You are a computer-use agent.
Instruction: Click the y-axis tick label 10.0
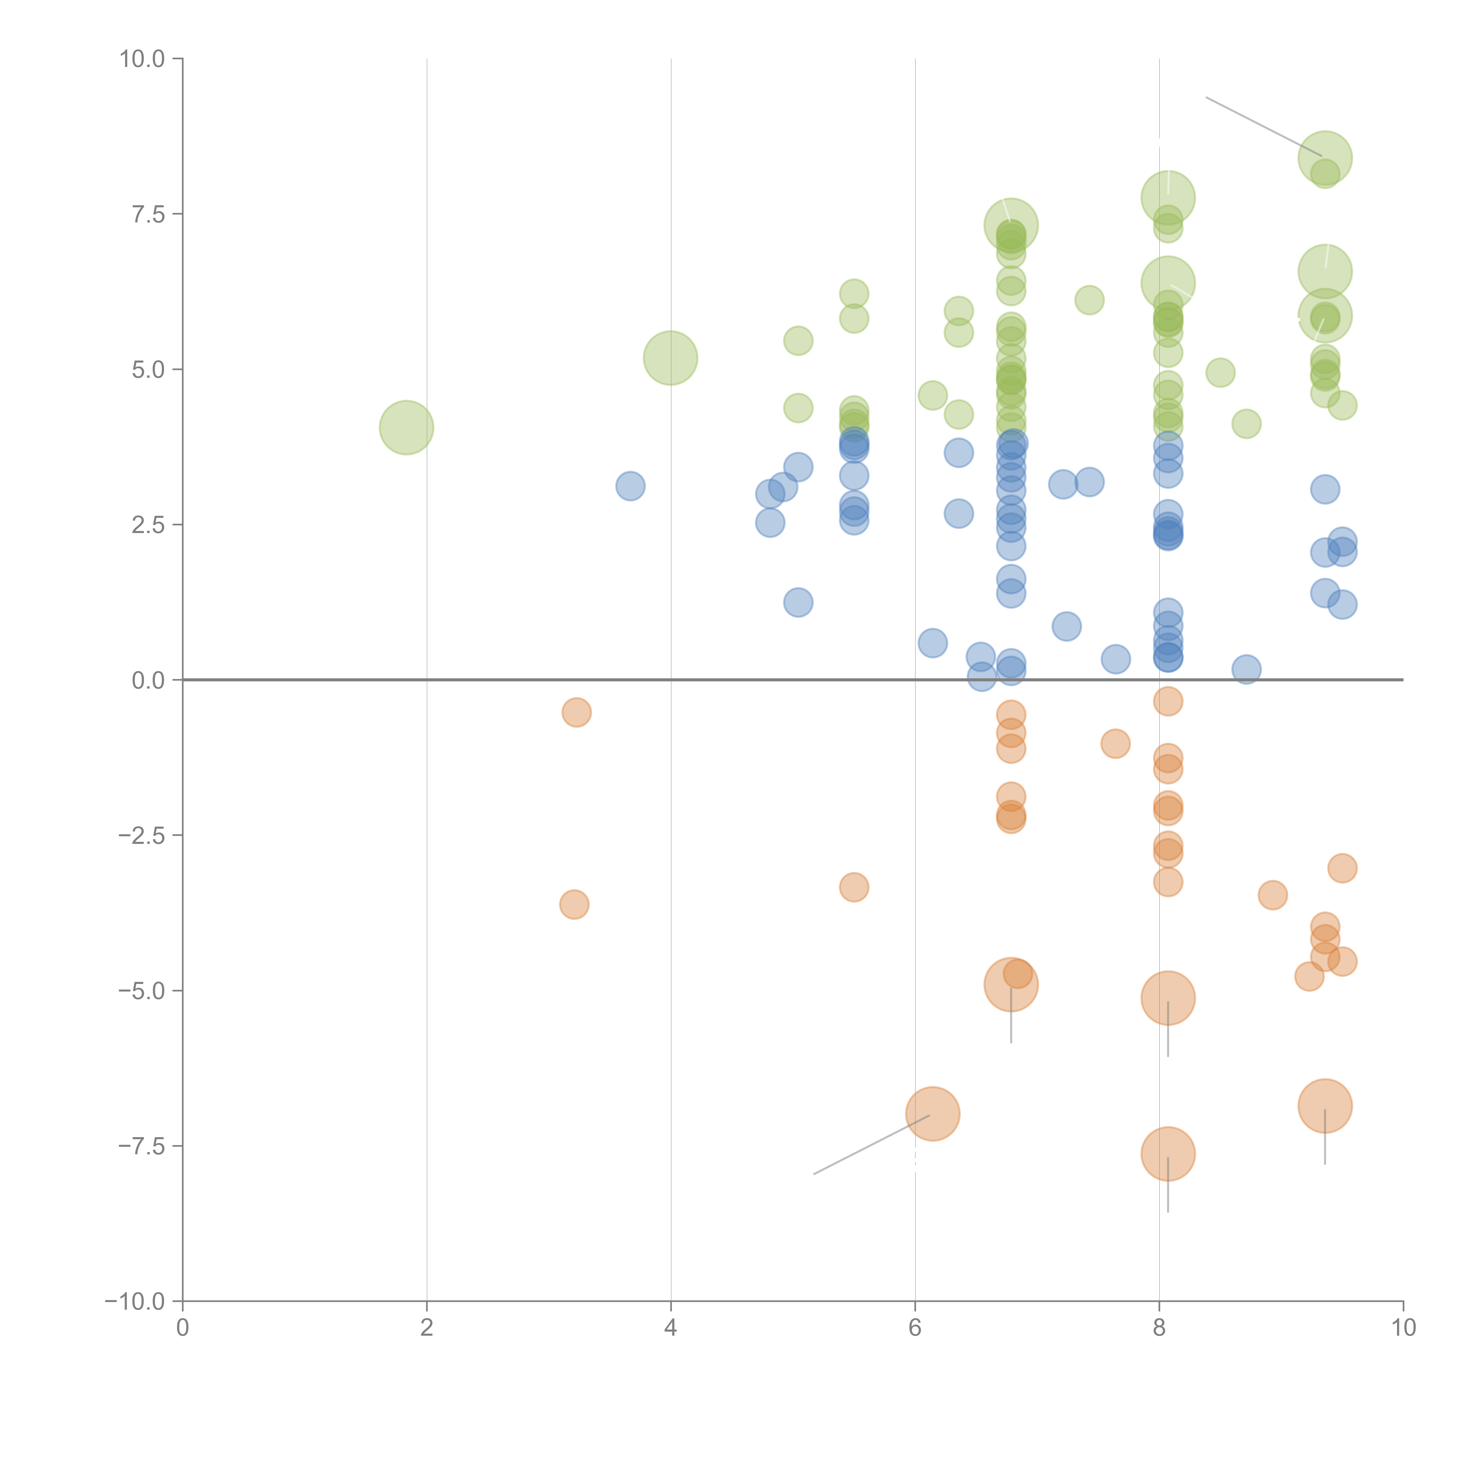142,59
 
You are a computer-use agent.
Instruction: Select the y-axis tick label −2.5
142,835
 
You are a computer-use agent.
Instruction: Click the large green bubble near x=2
406,427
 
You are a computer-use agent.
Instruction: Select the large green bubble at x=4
670,358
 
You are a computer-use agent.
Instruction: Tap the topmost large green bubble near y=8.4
1325,157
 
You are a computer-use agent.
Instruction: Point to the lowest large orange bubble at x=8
1168,1154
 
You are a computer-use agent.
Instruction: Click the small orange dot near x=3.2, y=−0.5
577,712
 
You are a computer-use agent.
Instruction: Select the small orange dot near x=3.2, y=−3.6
574,904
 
